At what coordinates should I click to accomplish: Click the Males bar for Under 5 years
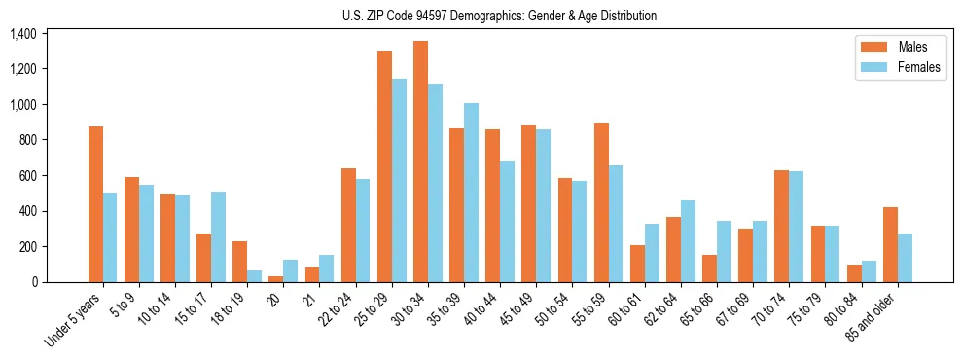tap(95, 204)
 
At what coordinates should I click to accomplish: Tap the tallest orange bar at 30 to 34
tap(420, 162)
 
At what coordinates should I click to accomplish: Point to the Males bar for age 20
tap(276, 279)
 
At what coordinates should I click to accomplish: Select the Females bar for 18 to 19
tap(254, 276)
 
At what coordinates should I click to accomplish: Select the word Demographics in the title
tap(492, 16)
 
